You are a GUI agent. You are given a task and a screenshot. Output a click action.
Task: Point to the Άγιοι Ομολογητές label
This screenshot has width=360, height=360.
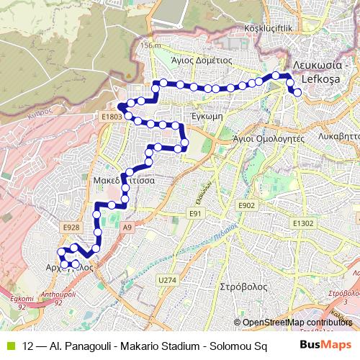[x=265, y=137]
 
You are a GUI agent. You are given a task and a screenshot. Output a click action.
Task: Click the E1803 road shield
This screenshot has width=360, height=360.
[x=112, y=115]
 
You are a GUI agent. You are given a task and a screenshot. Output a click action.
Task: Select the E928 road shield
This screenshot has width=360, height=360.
[x=71, y=228]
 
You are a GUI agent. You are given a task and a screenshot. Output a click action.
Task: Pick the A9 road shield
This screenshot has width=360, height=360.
[x=128, y=228]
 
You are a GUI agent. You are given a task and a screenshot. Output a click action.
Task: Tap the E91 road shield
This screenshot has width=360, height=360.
[x=194, y=214]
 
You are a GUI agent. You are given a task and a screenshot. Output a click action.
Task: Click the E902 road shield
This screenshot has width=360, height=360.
[x=247, y=206]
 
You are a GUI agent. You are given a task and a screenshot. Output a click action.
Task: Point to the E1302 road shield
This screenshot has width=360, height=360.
[x=303, y=224]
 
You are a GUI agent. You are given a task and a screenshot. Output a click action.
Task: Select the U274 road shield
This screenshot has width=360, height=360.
[x=167, y=279]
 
